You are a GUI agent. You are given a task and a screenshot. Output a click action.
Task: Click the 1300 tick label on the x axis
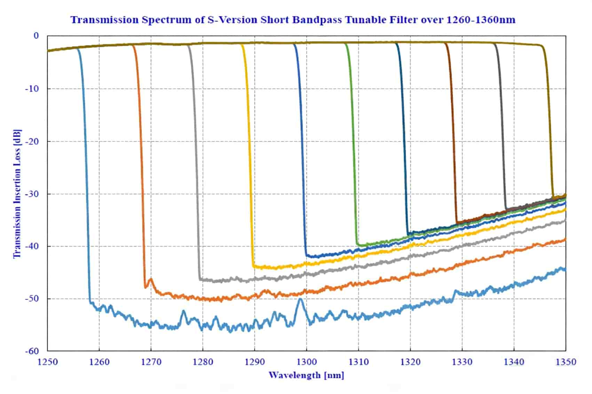[x=306, y=362]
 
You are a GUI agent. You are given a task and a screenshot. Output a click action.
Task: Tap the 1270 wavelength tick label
[x=151, y=362]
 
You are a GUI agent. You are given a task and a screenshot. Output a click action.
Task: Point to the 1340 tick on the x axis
[x=514, y=362]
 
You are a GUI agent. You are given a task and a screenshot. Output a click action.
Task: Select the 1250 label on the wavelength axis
[x=47, y=362]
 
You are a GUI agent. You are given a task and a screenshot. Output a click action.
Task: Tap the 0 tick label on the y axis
[x=36, y=36]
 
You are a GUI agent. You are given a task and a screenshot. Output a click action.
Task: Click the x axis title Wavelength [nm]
[x=306, y=375]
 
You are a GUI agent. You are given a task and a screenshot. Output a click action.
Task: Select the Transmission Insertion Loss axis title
[x=17, y=194]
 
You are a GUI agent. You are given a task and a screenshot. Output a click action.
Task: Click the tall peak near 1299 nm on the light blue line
[x=300, y=299]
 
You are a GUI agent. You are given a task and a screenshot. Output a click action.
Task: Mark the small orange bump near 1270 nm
[x=151, y=279]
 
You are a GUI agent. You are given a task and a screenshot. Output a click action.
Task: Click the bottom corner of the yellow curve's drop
[x=254, y=266]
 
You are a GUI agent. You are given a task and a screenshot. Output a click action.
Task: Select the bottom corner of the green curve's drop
[x=357, y=245]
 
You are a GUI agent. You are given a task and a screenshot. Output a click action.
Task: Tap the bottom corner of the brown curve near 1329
[x=457, y=222]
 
